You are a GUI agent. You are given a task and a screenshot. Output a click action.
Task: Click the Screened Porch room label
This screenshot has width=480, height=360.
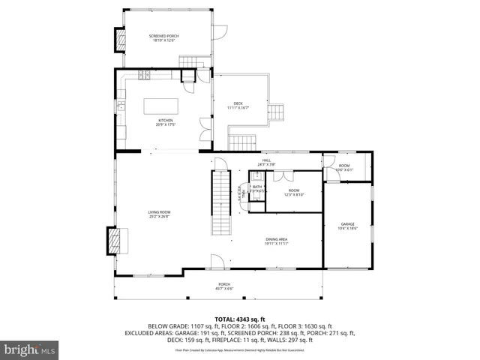162,37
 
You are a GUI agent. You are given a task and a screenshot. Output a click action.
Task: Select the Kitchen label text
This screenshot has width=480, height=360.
165,121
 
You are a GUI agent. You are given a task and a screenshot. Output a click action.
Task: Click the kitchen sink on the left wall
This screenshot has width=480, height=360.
120,105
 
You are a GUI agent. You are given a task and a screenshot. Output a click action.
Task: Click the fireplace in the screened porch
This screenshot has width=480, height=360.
118,40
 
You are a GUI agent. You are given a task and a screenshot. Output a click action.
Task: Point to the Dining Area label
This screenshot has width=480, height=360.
277,241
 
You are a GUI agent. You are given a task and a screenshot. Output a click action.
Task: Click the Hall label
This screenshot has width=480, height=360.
267,161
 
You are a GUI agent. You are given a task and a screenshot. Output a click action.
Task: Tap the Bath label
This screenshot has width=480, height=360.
256,188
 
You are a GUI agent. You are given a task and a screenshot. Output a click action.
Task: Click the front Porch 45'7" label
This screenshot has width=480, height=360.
224,286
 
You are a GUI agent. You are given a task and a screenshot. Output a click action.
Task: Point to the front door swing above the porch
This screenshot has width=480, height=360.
217,262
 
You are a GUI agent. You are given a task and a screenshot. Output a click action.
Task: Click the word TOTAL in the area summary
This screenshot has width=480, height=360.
226,318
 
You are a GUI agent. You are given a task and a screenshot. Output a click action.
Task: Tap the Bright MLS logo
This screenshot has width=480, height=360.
30,349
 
